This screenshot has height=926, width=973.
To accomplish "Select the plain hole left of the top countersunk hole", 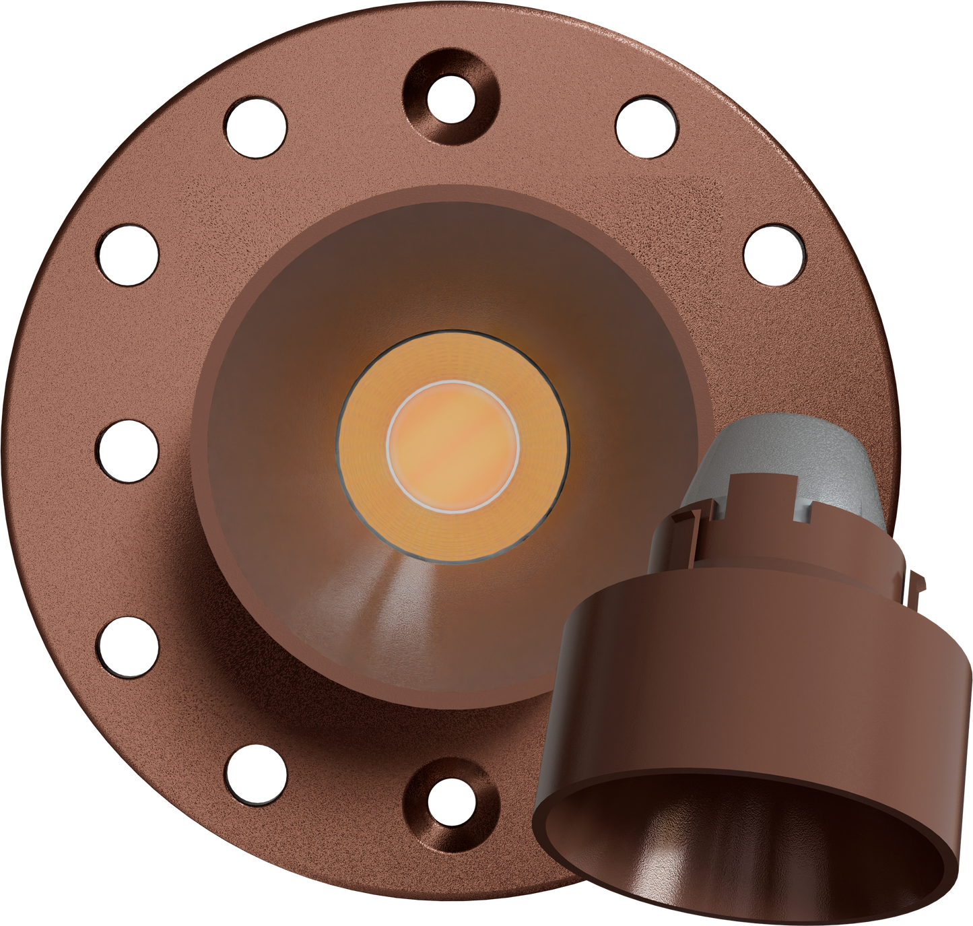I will pyautogui.click(x=255, y=127).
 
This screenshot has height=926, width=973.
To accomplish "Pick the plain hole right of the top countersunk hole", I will pyautogui.click(x=646, y=127).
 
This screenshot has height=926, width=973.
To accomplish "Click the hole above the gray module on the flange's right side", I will pyautogui.click(x=774, y=255).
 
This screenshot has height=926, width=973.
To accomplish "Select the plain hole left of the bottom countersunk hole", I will pyautogui.click(x=255, y=776).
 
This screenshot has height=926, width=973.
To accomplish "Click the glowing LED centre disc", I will pyautogui.click(x=452, y=444).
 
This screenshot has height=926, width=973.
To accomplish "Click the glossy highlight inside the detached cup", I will pyautogui.click(x=646, y=869).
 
